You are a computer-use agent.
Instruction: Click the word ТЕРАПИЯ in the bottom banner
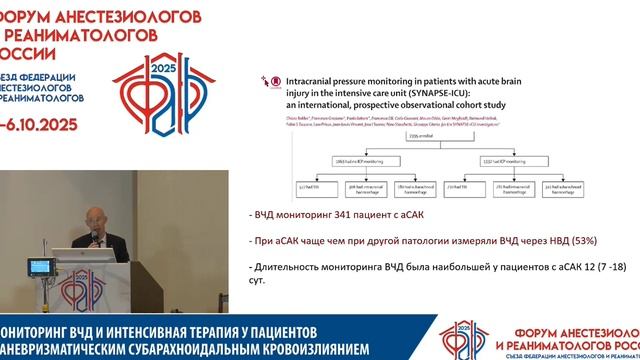pos(231,331)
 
